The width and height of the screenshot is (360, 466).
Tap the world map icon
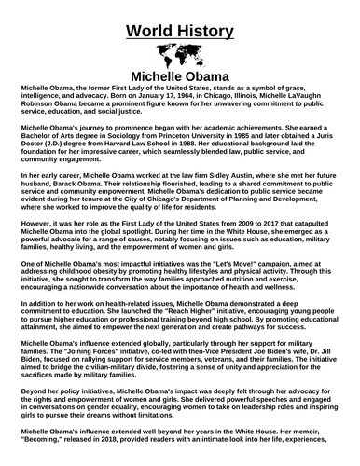[179, 54]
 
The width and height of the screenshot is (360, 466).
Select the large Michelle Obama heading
[179, 76]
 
